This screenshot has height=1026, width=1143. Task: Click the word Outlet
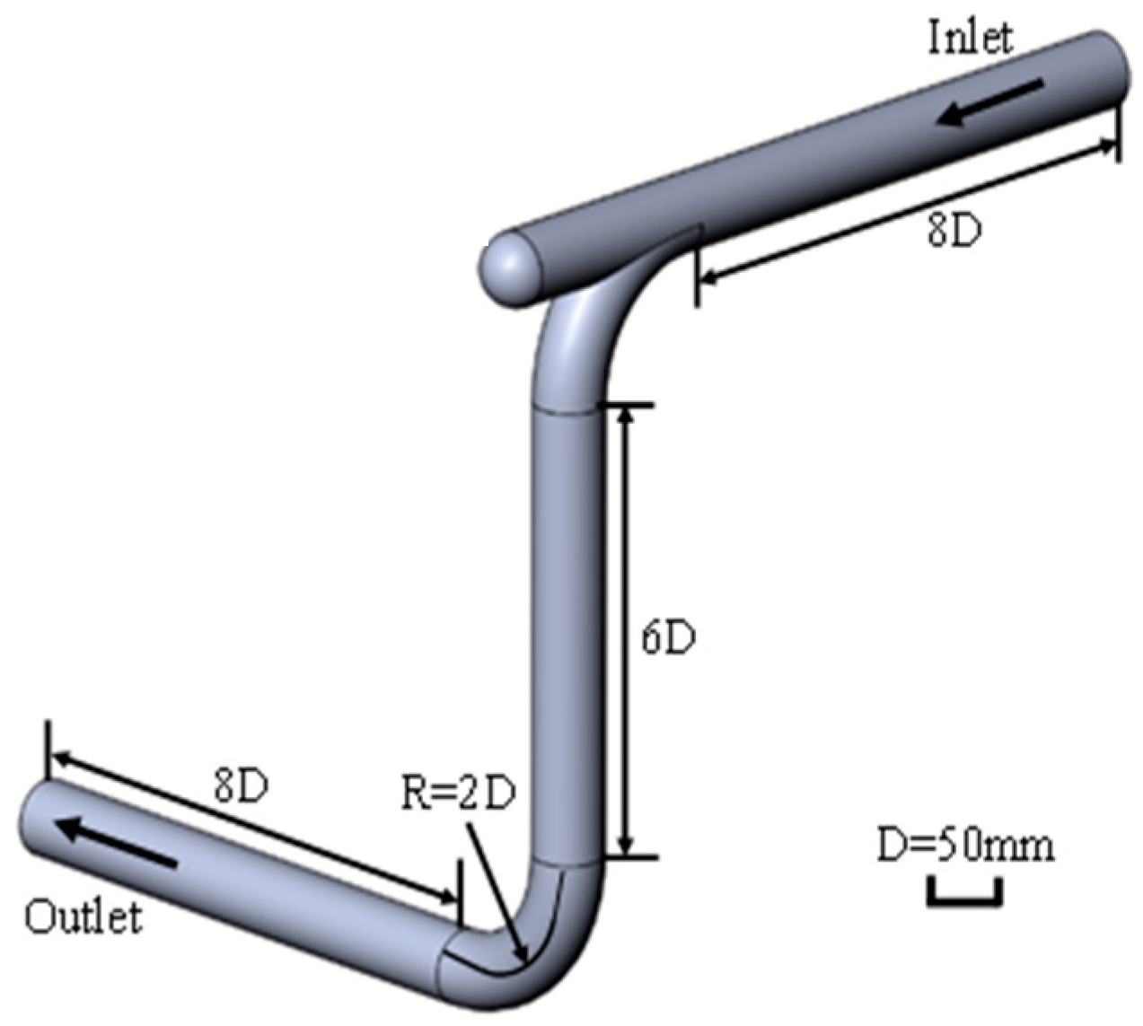[x=84, y=917]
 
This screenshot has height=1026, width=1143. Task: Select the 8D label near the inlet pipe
[x=954, y=232]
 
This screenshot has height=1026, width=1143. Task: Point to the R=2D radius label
[x=458, y=794]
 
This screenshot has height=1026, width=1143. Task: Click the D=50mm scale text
[x=966, y=846]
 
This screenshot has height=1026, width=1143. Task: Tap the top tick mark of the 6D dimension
[x=626, y=406]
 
